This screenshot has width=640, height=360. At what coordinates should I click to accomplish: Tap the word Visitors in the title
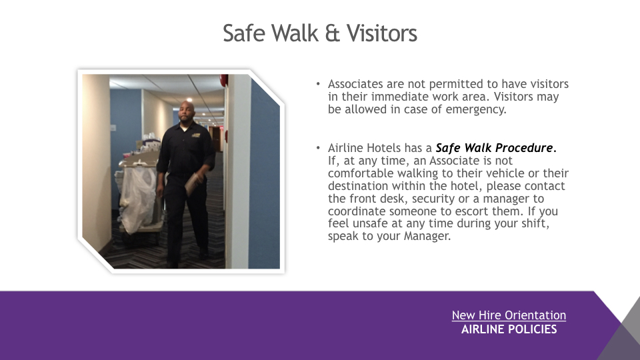click(x=382, y=33)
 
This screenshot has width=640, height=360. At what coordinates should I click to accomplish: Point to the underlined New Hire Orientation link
click(x=509, y=315)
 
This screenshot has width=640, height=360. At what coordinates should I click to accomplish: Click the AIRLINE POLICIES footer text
click(x=509, y=329)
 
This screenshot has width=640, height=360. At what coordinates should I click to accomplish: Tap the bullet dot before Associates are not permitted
click(x=318, y=84)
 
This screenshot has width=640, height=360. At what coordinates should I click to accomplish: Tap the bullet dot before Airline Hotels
click(x=318, y=148)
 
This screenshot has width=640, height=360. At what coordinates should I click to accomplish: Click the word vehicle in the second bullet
click(x=505, y=173)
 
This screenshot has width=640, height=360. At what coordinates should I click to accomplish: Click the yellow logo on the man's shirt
click(x=196, y=135)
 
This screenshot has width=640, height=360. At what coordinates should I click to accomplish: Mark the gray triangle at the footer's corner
click(x=625, y=335)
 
